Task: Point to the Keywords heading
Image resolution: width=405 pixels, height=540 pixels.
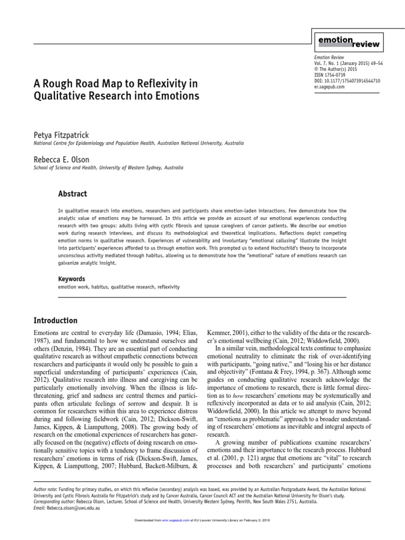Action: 71,278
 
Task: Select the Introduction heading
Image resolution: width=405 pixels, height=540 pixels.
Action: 55,320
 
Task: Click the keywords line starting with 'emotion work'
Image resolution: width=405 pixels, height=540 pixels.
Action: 119,287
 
